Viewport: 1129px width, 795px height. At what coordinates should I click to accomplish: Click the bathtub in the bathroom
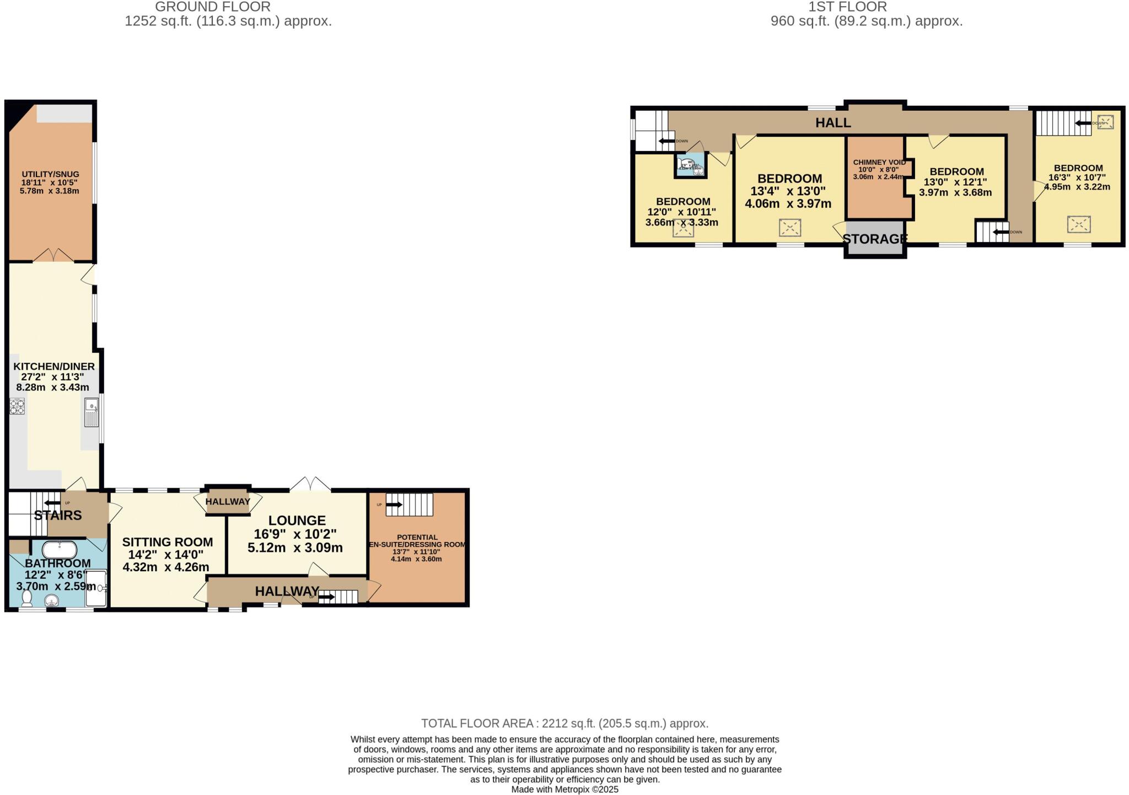coord(60,550)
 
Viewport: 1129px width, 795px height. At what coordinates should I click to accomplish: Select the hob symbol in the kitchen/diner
coord(17,407)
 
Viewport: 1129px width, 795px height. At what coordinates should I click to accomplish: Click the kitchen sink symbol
coord(92,413)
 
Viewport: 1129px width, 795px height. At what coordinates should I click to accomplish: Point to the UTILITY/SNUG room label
coord(50,174)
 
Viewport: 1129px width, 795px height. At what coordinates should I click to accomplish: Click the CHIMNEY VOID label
coord(879,162)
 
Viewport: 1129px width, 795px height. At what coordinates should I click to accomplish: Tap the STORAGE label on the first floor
coord(875,239)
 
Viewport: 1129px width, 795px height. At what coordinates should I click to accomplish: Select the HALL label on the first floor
coord(833,122)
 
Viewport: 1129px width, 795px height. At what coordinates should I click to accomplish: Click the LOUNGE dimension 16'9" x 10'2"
coord(295,534)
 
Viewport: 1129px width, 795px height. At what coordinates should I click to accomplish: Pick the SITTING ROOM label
coord(168,542)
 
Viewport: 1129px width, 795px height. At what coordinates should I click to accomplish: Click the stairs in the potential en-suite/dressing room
coord(410,504)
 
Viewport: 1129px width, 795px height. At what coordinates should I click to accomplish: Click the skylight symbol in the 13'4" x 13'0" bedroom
coord(789,227)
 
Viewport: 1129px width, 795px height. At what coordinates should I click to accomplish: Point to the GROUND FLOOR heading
coord(212,7)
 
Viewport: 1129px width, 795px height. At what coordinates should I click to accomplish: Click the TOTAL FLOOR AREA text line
coord(564,723)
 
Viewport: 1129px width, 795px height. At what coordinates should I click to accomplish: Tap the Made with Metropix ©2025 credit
coord(564,789)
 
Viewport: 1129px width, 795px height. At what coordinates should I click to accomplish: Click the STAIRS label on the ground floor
coord(58,515)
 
